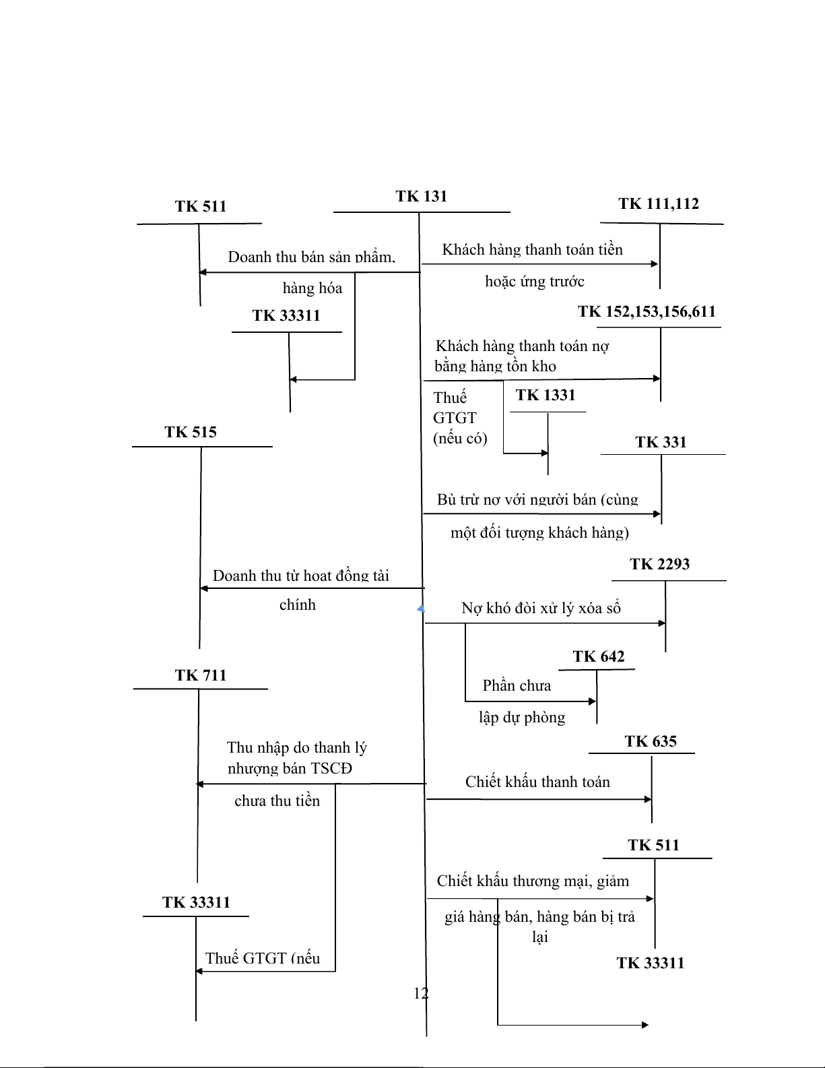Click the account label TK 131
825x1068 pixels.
click(421, 196)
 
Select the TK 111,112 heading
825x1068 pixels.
click(658, 203)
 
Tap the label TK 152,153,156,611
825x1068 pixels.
click(646, 311)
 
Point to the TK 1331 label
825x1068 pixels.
click(545, 395)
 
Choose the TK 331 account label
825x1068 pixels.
click(660, 442)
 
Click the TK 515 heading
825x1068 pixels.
click(191, 432)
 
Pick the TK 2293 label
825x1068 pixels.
click(659, 564)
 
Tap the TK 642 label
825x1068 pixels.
click(598, 656)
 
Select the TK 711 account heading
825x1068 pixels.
click(200, 675)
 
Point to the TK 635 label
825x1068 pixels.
click(650, 741)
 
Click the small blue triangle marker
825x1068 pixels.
click(421, 609)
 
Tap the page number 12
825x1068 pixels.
click(420, 993)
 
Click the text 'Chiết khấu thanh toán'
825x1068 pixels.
click(537, 782)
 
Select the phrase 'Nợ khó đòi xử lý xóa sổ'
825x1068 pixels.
click(540, 608)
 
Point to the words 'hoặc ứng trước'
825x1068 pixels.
click(534, 281)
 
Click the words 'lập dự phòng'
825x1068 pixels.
click(521, 717)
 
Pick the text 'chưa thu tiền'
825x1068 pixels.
click(277, 800)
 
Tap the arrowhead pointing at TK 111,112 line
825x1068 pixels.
click(655, 264)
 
